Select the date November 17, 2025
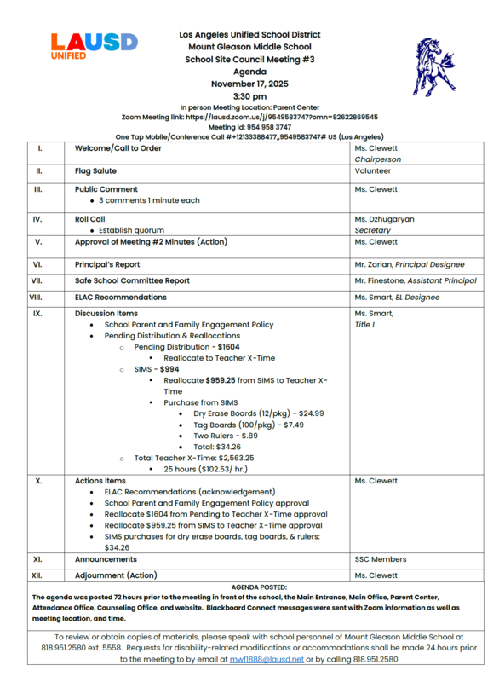250,84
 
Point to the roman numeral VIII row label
36,298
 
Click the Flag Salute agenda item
95,170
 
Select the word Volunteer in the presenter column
373,170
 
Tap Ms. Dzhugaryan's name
384,219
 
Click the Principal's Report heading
107,265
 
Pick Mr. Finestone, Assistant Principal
416,280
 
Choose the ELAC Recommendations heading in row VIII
121,298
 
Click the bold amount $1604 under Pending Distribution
228,347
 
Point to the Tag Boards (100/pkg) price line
236,424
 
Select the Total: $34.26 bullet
217,446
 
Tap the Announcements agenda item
105,559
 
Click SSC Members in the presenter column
380,559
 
